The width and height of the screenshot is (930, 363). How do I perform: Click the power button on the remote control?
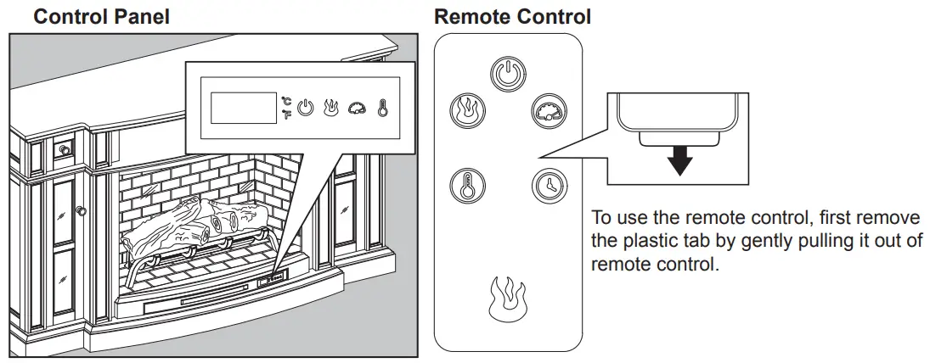(508, 75)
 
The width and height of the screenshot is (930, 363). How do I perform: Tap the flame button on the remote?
(466, 109)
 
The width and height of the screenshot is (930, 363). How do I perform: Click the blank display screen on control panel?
(238, 109)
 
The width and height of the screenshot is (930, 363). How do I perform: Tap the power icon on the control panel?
(306, 109)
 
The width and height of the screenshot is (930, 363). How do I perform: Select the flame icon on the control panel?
(331, 109)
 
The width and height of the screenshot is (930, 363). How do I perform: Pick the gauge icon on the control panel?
(357, 109)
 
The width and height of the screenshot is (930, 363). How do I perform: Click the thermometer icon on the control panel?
(383, 109)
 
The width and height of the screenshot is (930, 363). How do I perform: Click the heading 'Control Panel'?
(101, 16)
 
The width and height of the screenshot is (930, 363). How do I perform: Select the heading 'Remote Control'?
(512, 16)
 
